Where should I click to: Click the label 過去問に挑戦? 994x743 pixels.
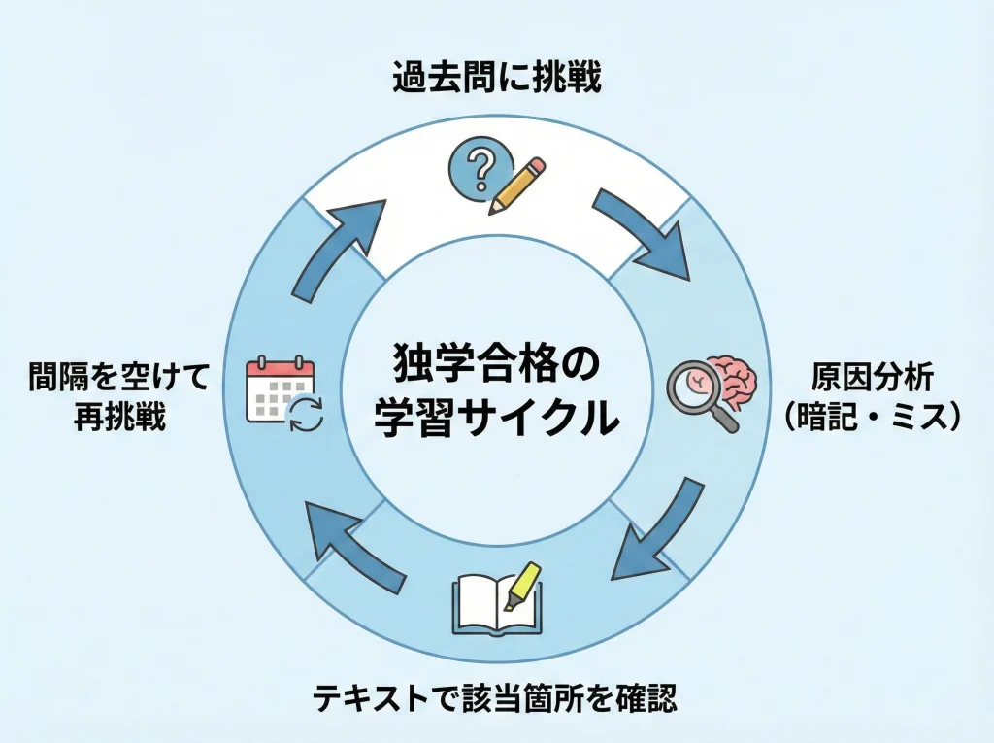point(497,78)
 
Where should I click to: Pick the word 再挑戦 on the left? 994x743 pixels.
point(119,419)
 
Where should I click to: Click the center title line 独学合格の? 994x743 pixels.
point(496,366)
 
